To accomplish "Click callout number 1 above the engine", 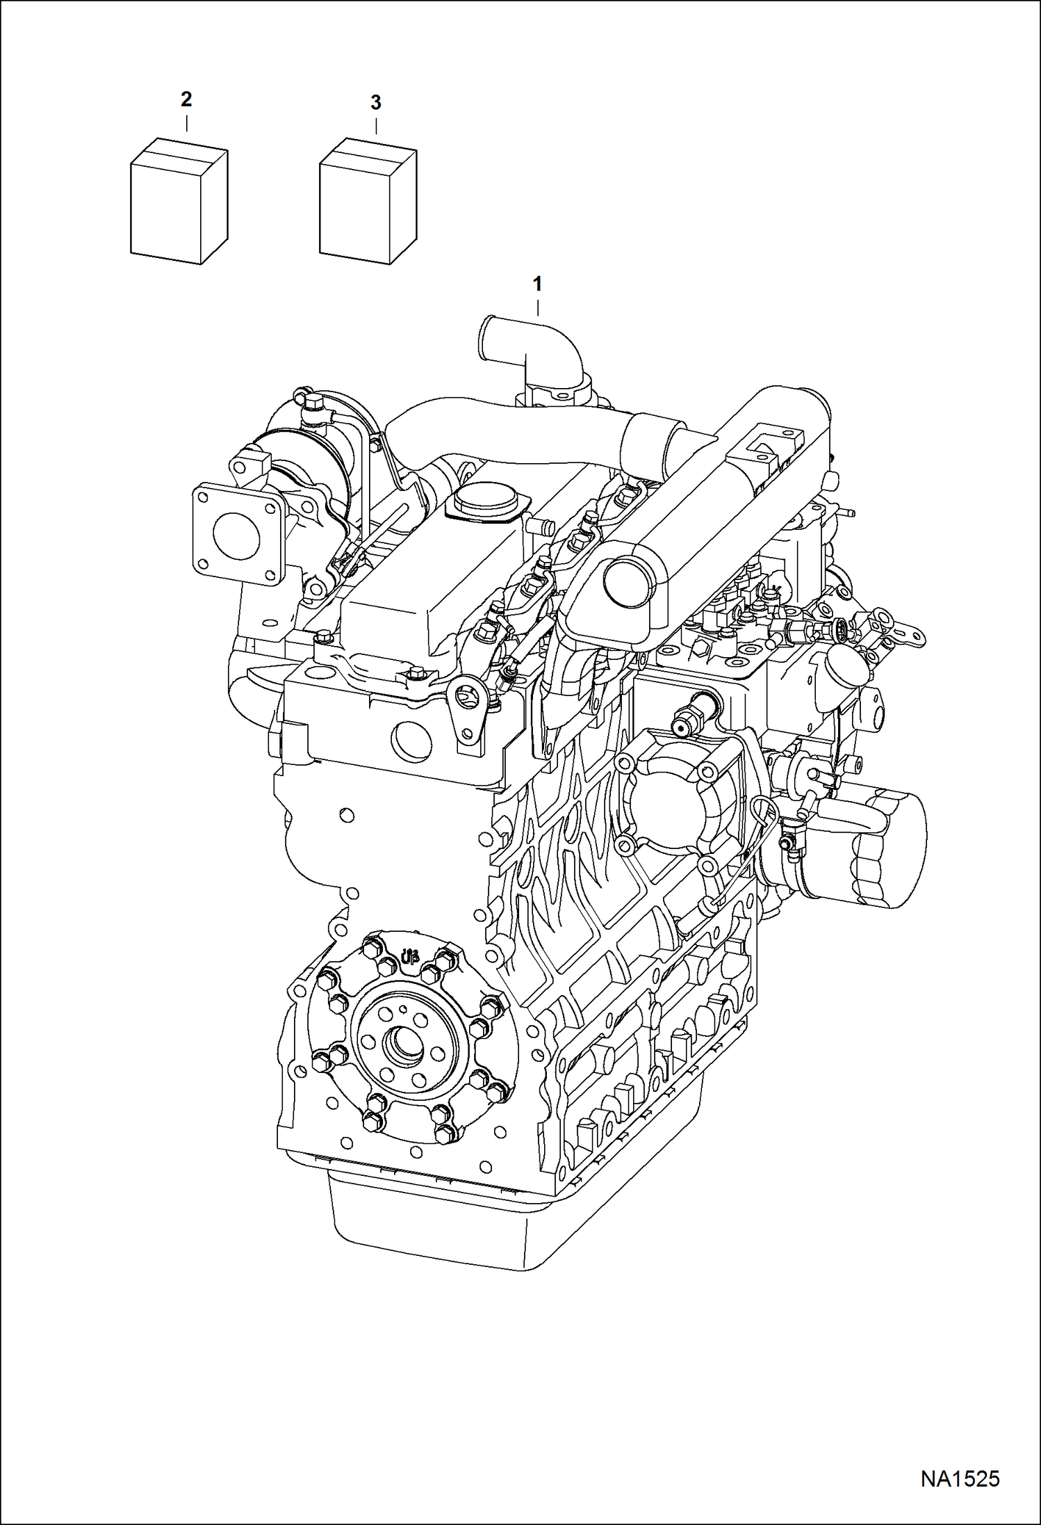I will point(536,284).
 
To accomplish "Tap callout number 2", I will point(186,100).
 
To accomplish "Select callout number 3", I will point(375,104).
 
